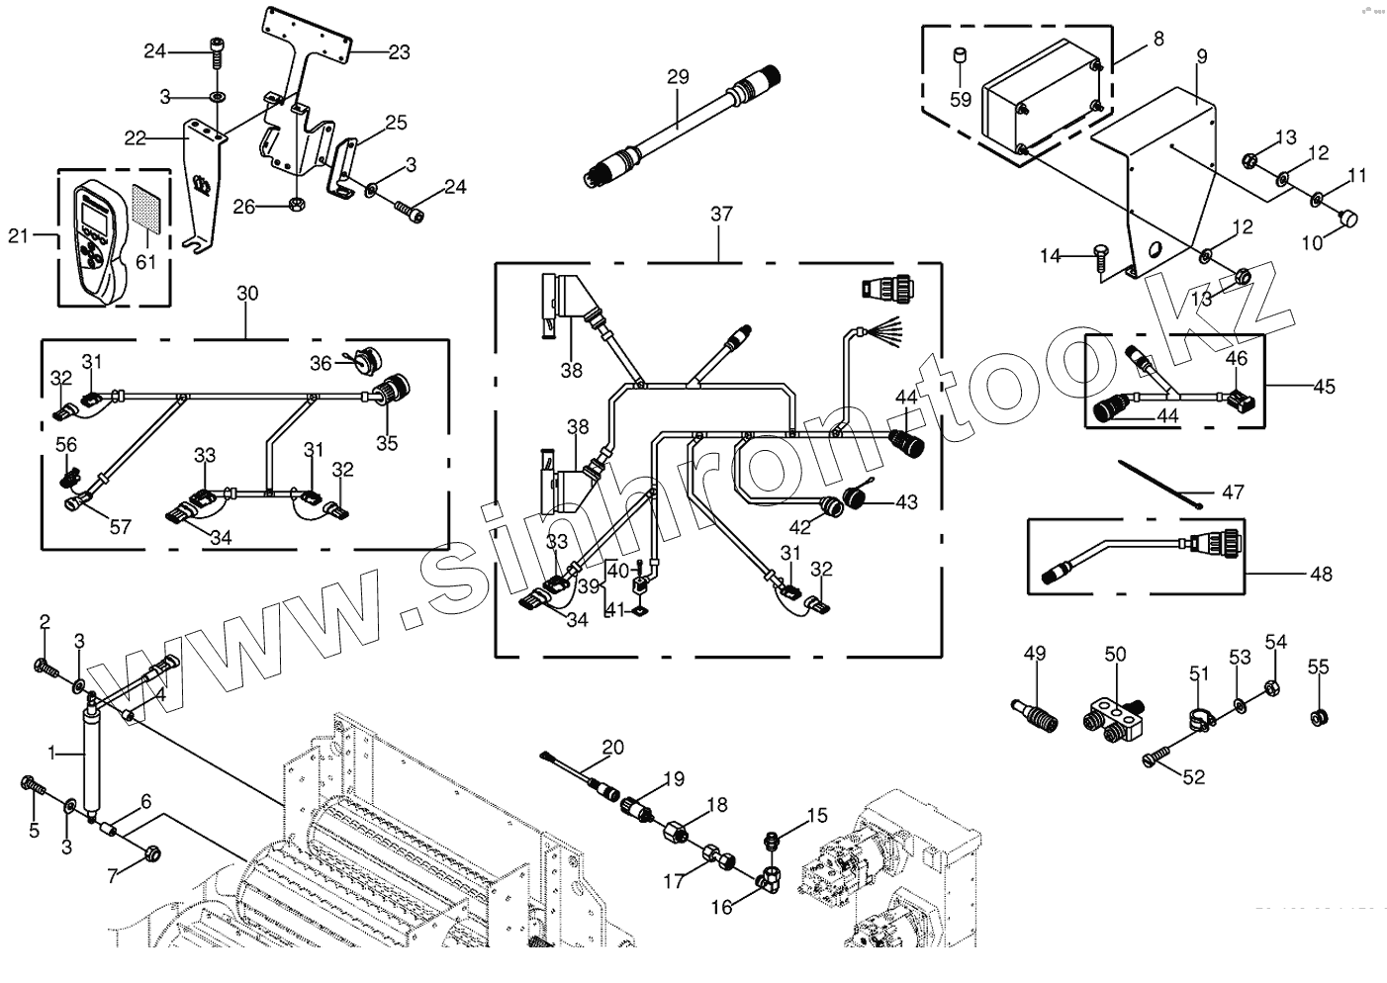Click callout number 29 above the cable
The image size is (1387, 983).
click(x=677, y=76)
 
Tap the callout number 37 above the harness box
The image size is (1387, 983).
click(x=721, y=214)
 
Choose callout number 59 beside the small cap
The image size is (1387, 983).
click(x=961, y=99)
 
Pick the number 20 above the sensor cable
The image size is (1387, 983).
click(x=613, y=748)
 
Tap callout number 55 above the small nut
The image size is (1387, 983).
click(x=1319, y=668)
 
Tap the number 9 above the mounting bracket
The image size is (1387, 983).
click(x=1201, y=56)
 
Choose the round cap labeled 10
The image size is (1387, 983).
click(x=1348, y=218)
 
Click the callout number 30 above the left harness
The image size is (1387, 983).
click(x=247, y=294)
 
